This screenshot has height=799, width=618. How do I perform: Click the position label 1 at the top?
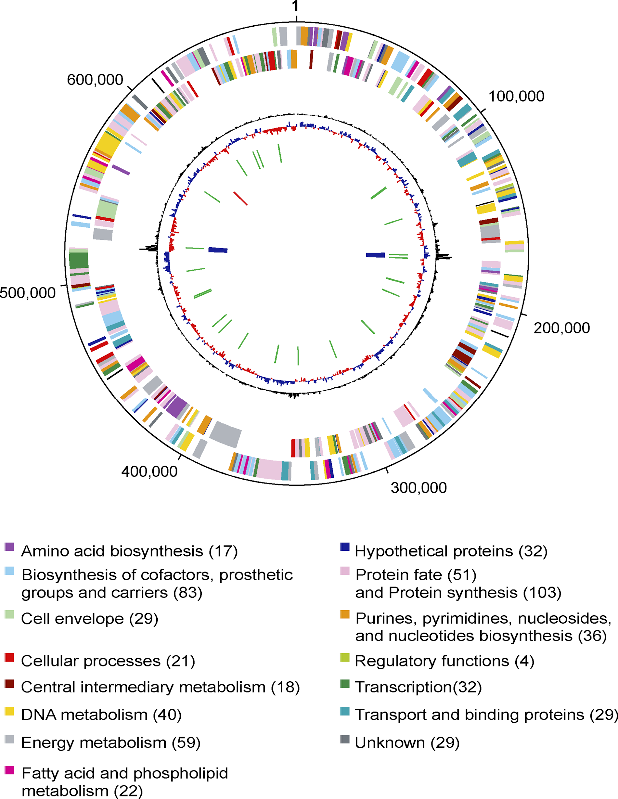pos(296,6)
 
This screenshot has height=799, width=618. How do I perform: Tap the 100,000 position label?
pos(516,96)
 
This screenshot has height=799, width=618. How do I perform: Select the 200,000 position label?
pos(562,328)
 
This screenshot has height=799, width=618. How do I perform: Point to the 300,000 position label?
pos(419,488)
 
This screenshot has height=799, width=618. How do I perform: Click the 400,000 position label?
pos(149,471)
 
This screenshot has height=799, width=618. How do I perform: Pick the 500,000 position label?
pos(28,293)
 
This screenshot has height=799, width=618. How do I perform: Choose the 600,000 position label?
pos(95,80)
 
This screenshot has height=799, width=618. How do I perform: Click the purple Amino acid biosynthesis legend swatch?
pos(9,547)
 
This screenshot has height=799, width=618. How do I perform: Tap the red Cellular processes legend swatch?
pos(9,657)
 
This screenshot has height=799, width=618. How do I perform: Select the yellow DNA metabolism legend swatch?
pos(9,711)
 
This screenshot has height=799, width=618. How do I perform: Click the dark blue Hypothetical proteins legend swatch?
pos(345,547)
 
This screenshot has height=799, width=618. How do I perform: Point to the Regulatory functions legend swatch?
pos(345,657)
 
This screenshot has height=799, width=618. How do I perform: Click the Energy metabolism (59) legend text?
pos(111,743)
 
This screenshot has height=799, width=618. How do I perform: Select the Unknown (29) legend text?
pos(407,743)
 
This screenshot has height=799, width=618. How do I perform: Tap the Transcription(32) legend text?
pos(418,687)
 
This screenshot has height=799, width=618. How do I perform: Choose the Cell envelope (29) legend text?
pos(90,619)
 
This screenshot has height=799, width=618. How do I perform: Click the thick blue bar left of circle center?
pos(218,250)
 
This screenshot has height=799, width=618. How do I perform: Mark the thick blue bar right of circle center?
pos(375,255)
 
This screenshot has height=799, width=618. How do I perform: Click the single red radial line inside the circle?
pos(240,198)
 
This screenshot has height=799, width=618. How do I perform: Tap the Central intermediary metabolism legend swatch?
pos(9,683)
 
